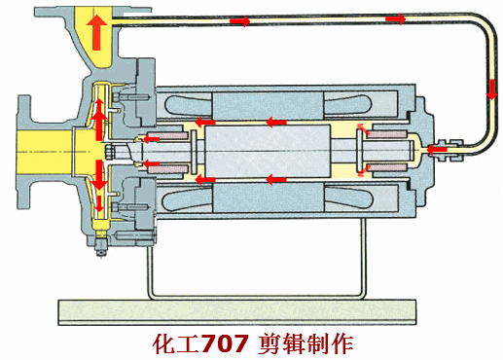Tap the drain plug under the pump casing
(99, 251)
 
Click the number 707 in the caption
(228, 343)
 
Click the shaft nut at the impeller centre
(119, 150)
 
